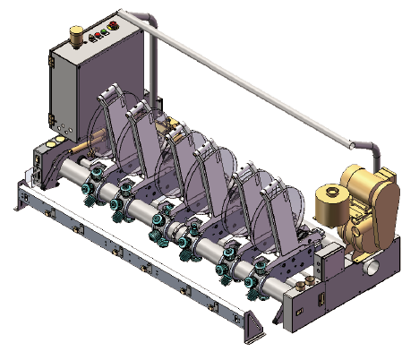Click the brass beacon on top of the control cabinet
tap(77, 35)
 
